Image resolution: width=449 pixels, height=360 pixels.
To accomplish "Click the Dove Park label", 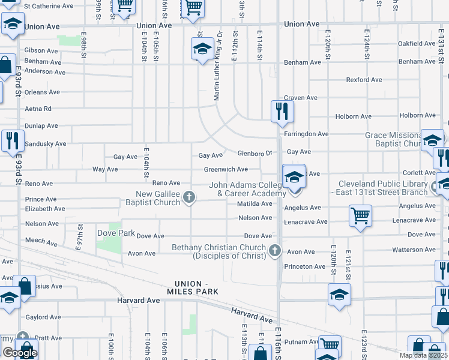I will point(116,232).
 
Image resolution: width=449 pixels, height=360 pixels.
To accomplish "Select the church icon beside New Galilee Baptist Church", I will point(190,197).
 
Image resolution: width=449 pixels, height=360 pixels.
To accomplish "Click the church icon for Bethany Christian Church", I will point(275,251).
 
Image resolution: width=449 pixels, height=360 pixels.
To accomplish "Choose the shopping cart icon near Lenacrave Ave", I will point(360,215).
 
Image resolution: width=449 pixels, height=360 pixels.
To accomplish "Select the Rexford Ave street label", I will point(364,80).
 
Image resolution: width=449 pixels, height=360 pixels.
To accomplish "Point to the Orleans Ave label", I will point(42,92).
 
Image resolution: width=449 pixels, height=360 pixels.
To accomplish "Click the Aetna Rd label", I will point(38,109).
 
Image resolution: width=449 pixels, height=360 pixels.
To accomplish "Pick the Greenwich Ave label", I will point(226,169).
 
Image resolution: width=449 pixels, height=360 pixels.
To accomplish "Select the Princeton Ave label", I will point(305,266).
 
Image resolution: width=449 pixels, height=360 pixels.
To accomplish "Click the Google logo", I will point(20,353).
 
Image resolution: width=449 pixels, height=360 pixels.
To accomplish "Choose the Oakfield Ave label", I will point(417,44).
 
